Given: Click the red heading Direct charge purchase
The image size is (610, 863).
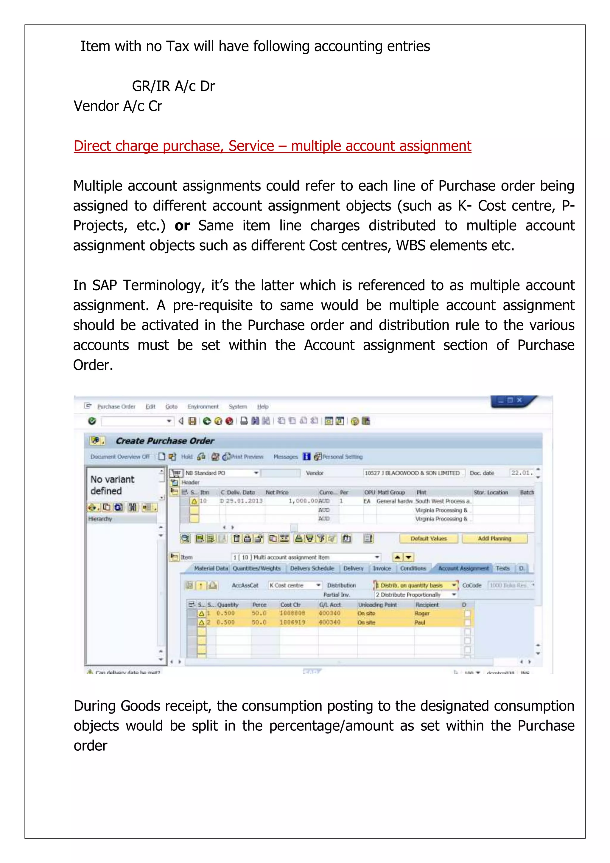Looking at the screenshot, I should [272, 146].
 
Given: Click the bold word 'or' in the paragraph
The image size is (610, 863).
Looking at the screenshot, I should [182, 226].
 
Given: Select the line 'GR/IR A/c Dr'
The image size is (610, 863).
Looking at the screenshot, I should [173, 86].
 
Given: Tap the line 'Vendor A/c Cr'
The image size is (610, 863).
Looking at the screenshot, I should [118, 106].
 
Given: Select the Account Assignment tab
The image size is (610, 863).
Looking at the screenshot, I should [463, 568].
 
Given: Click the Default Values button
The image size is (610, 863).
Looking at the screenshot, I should [428, 538].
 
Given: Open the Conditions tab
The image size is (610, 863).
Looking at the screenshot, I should [413, 568].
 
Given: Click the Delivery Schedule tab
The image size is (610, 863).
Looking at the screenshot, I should [312, 568].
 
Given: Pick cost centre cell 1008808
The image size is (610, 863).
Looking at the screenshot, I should [292, 613].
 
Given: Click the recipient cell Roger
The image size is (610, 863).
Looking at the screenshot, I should [422, 613].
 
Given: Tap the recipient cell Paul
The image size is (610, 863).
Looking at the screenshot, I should [420, 623].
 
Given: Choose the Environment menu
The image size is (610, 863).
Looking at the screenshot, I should [203, 407].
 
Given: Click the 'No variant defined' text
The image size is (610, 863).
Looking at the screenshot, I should [112, 485].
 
